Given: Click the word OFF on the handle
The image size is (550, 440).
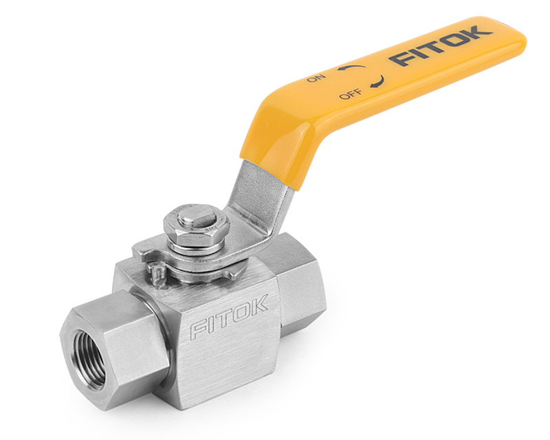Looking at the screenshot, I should [351, 94].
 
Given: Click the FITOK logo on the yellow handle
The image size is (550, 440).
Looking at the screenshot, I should [441, 47].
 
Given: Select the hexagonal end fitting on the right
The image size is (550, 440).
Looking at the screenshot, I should [296, 275].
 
